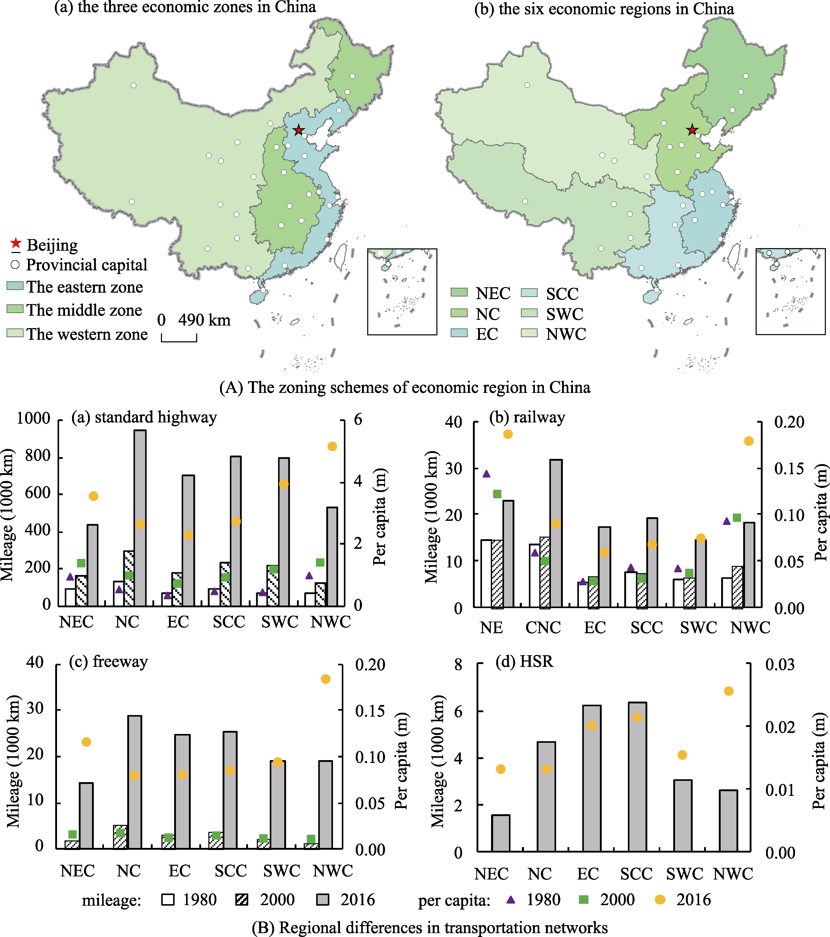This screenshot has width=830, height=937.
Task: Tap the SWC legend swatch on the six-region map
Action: [x=530, y=313]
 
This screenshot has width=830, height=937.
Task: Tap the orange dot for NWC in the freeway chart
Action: [x=325, y=679]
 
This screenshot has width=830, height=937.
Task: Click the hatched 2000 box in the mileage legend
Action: [x=242, y=899]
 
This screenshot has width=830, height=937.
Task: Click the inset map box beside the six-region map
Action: [x=790, y=292]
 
